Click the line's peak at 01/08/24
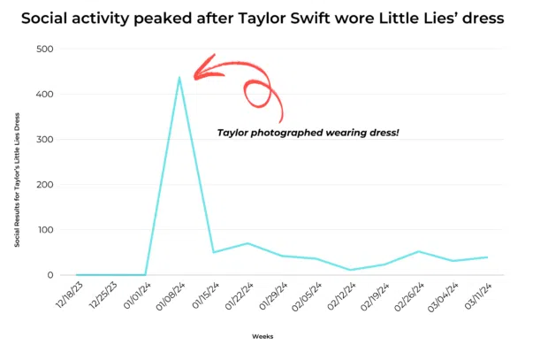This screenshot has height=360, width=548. click(x=179, y=77)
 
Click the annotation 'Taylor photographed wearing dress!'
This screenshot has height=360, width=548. click(x=308, y=132)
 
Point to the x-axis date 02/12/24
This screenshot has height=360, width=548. click(x=339, y=296)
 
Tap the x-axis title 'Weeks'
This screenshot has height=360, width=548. click(x=263, y=335)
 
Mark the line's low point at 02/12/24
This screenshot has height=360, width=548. click(x=351, y=270)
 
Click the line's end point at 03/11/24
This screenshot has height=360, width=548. click(x=487, y=257)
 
